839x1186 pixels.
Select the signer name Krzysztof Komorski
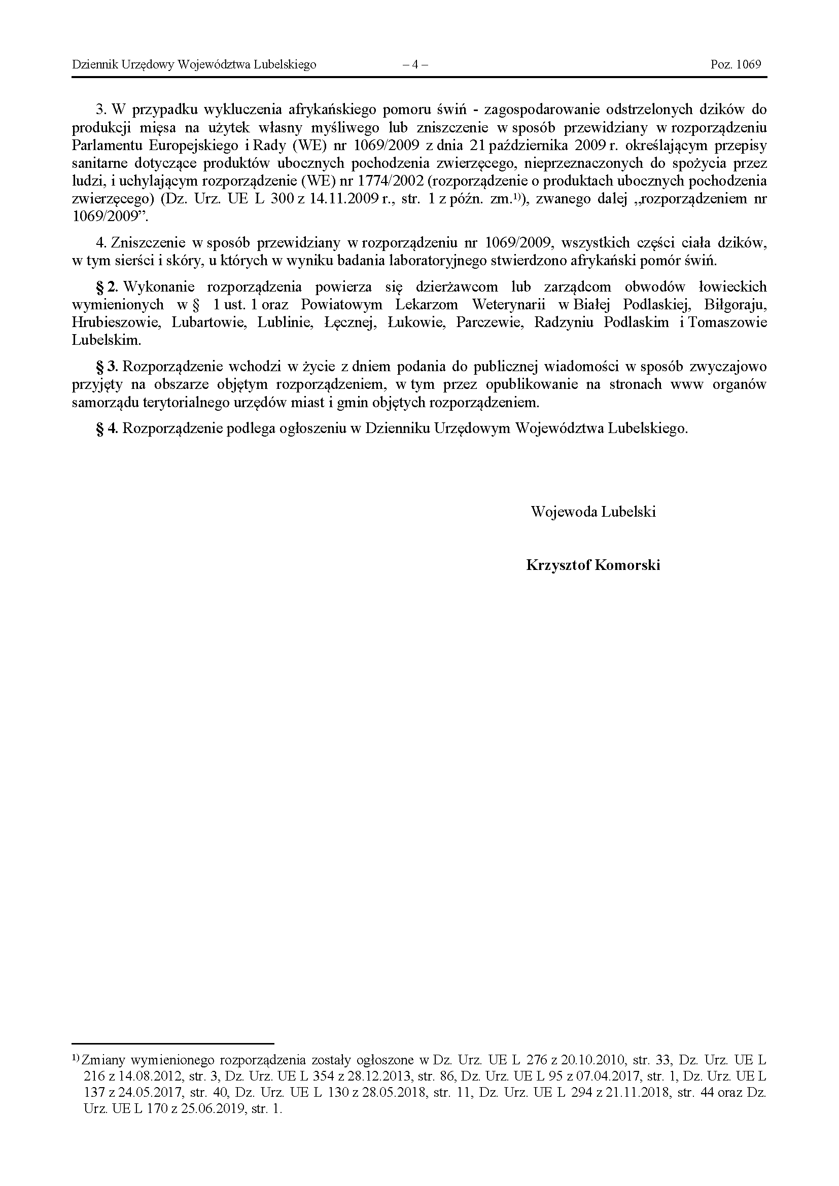(593, 565)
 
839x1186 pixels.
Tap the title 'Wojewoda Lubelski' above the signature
(593, 512)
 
